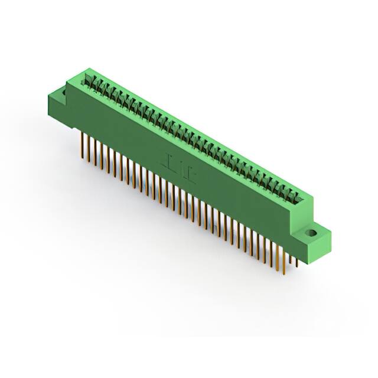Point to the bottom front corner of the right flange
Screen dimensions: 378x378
[x=317, y=259]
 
